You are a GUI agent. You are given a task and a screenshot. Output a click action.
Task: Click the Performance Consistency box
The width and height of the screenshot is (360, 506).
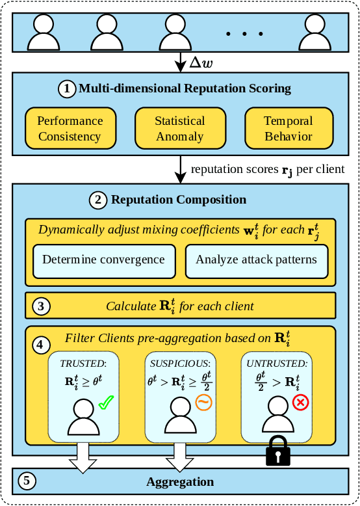click(x=70, y=128)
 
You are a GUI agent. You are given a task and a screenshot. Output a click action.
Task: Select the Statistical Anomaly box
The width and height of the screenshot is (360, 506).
click(x=179, y=128)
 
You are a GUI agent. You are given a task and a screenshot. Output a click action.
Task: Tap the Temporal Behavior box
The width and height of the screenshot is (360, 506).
click(x=288, y=128)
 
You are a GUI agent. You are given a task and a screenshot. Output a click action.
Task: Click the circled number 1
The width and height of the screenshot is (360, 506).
click(x=67, y=88)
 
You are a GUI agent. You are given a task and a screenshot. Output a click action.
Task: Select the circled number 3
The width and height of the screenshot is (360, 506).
click(x=40, y=306)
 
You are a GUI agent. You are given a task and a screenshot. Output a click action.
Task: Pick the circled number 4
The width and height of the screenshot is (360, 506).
click(x=40, y=344)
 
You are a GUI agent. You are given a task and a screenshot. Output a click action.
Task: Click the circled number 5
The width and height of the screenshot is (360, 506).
click(x=26, y=482)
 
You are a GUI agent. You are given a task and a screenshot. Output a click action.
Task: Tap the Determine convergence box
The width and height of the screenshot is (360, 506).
click(x=103, y=260)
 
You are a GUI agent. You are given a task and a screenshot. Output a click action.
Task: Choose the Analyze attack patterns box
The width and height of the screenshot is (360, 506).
click(x=256, y=260)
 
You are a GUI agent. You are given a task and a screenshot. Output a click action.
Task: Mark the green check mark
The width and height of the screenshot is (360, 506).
click(x=106, y=404)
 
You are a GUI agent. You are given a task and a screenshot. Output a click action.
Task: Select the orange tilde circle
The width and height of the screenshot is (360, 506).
click(x=203, y=403)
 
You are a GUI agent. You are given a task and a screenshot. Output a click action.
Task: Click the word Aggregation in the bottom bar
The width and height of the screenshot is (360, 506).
click(x=180, y=482)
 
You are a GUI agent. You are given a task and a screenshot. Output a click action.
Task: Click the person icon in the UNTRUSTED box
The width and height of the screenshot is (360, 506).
click(x=276, y=416)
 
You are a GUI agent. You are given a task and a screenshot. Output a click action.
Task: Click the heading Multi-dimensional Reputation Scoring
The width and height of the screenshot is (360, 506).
click(x=185, y=88)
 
